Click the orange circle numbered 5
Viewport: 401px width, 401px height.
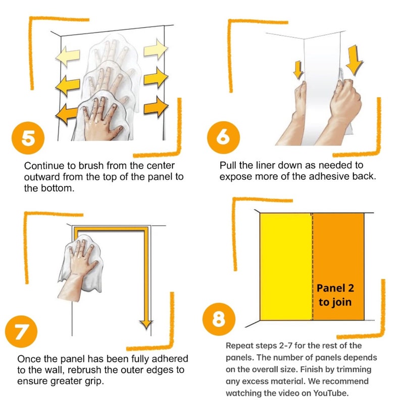click(x=28, y=138)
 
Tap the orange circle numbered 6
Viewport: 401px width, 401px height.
click(x=224, y=137)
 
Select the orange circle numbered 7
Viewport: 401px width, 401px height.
click(x=21, y=331)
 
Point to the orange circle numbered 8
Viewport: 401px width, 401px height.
click(x=219, y=319)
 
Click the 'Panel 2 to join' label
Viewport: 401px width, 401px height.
click(x=335, y=295)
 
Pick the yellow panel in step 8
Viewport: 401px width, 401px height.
click(x=286, y=267)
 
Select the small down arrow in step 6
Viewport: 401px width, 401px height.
click(x=298, y=70)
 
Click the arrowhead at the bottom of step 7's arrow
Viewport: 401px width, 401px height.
click(x=146, y=325)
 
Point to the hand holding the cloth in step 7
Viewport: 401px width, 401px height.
click(x=77, y=271)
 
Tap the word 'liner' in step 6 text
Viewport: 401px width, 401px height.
click(x=266, y=165)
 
